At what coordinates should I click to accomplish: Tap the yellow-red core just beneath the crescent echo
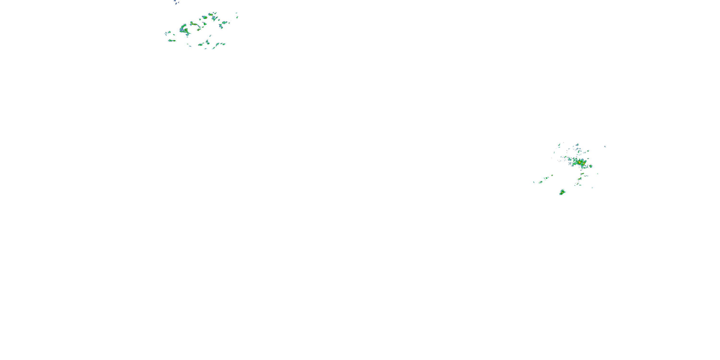pos(186,31)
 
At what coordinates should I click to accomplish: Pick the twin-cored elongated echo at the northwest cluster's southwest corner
pos(172,41)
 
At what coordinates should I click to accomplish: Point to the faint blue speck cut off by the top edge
pos(175,1)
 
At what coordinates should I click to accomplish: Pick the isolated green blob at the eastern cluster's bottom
pos(562,192)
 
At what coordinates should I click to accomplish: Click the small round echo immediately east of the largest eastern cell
pos(591,166)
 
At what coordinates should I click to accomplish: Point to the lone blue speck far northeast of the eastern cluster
pos(605,146)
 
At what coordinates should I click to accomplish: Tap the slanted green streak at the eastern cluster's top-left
pos(559,145)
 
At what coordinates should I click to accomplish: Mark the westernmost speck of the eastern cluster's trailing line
pos(534,182)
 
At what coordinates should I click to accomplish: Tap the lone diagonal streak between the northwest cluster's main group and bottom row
pos(210,36)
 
